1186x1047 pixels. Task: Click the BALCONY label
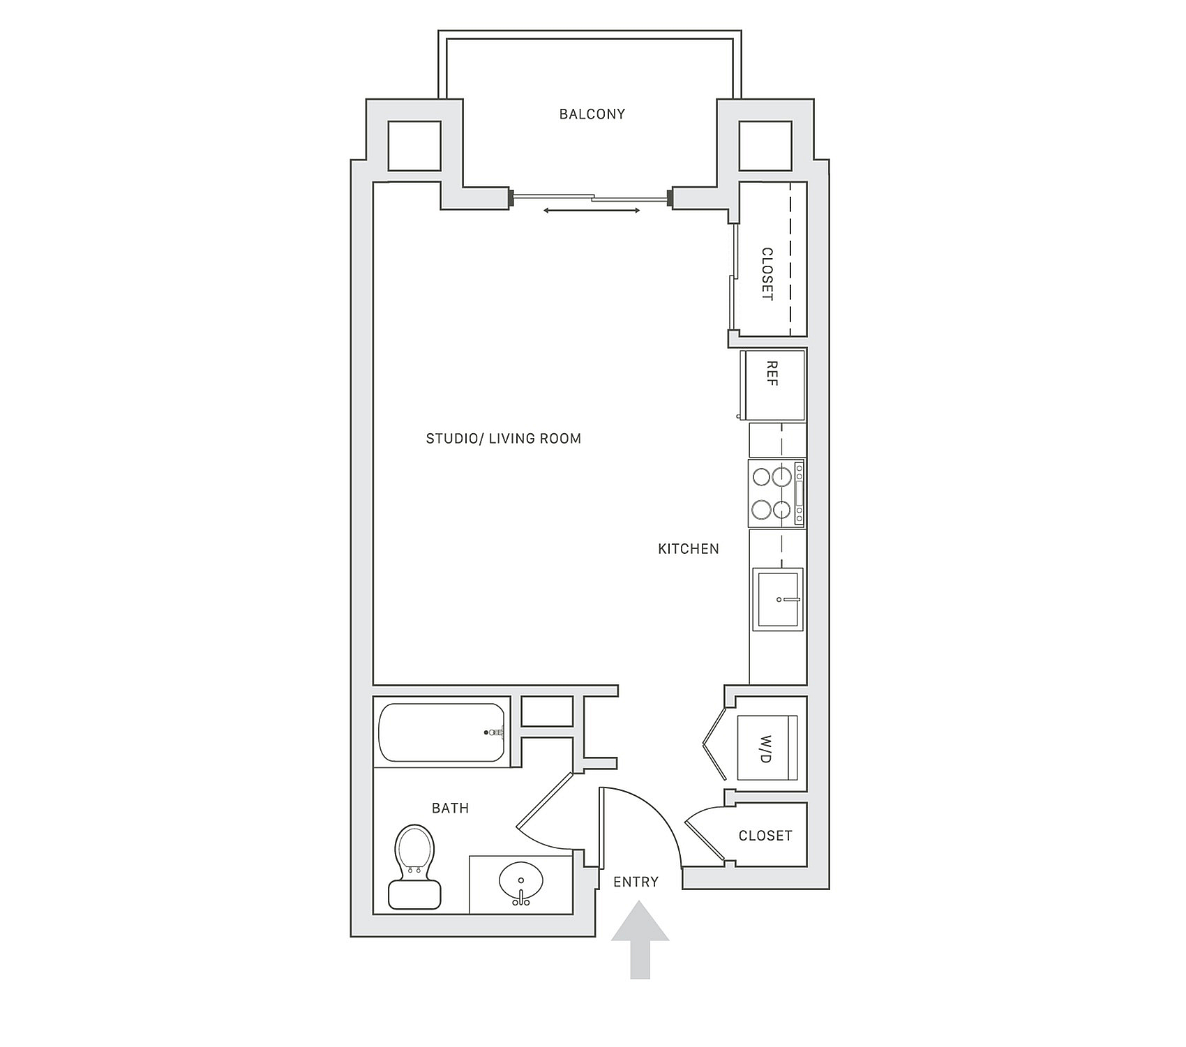click(x=592, y=114)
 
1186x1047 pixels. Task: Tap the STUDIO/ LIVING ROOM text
click(x=504, y=439)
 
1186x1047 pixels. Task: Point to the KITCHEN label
click(x=689, y=549)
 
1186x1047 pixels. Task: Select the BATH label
click(x=451, y=808)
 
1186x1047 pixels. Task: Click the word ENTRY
click(x=636, y=882)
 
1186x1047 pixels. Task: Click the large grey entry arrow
click(x=640, y=940)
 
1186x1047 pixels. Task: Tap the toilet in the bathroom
click(x=415, y=868)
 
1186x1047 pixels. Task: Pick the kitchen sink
click(x=778, y=599)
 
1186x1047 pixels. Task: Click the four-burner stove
click(x=776, y=493)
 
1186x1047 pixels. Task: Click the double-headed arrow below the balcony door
click(x=592, y=211)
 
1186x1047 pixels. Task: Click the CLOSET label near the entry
click(x=765, y=836)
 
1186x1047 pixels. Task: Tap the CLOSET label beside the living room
click(x=767, y=274)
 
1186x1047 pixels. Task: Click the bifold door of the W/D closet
click(x=716, y=744)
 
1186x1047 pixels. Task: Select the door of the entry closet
click(x=705, y=840)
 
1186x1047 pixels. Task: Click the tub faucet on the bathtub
click(x=495, y=732)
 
